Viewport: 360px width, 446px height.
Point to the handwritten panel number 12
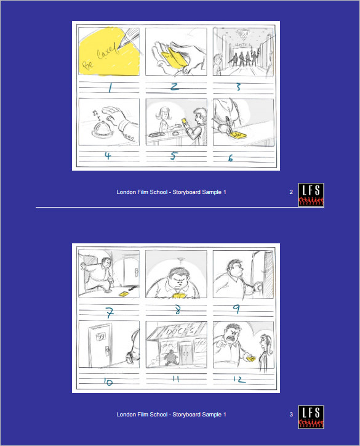(239, 380)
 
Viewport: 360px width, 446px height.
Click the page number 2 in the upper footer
(291, 192)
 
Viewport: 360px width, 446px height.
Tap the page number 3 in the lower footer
(291, 415)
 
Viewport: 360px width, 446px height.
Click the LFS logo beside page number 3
(311, 416)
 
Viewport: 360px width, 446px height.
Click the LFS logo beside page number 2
(311, 195)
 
